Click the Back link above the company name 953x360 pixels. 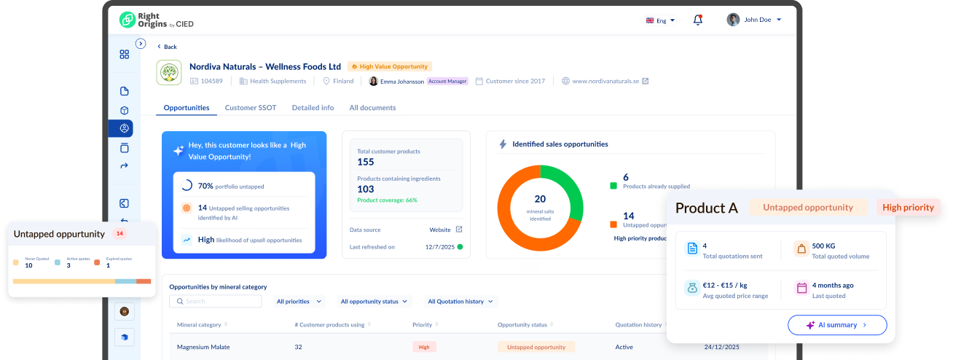tap(167, 47)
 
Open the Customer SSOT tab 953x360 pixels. tap(250, 108)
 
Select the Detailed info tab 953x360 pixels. tap(313, 108)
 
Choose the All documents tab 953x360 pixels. tap(372, 108)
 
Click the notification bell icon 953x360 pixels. tap(697, 20)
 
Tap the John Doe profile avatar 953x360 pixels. tap(733, 20)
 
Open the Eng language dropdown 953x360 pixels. tap(661, 20)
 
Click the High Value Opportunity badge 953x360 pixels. tap(390, 66)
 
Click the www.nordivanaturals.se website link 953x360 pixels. tap(605, 81)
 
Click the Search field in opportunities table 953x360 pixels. tap(216, 301)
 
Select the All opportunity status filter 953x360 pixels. tap(374, 301)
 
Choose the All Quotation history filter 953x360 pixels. tap(460, 301)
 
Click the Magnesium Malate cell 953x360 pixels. tap(203, 347)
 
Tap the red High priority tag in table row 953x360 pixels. tap(424, 347)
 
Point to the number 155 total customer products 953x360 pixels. tap(366, 162)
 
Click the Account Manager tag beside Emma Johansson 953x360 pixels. tap(447, 81)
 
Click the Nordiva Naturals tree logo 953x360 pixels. tap(169, 73)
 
